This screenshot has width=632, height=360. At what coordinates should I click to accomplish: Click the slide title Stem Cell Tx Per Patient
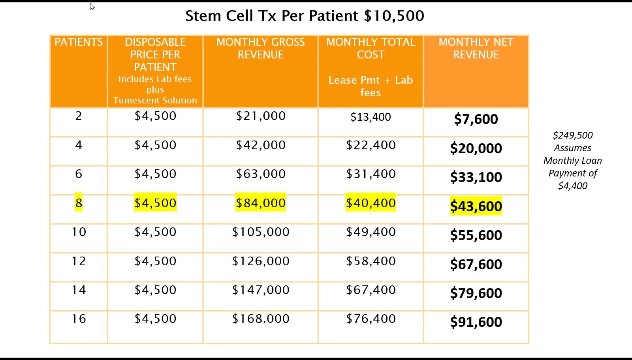pyautogui.click(x=304, y=16)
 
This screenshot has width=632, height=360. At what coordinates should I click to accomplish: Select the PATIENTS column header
pyautogui.click(x=79, y=42)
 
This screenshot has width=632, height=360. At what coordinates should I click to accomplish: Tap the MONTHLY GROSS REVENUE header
pyautogui.click(x=260, y=48)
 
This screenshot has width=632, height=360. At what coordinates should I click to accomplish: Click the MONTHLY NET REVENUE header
pyautogui.click(x=476, y=48)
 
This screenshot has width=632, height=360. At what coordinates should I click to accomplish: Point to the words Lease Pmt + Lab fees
pyautogui.click(x=371, y=86)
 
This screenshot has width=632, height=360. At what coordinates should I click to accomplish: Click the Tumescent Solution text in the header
pyautogui.click(x=155, y=100)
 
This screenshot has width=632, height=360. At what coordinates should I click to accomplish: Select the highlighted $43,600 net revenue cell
pyautogui.click(x=476, y=206)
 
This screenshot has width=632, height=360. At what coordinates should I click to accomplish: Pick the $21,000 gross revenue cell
pyautogui.click(x=261, y=116)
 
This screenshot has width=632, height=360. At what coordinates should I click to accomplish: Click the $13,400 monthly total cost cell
pyautogui.click(x=371, y=117)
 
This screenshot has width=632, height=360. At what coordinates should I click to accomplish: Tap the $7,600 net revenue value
pyautogui.click(x=476, y=119)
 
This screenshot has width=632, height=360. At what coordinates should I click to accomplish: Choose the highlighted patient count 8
pyautogui.click(x=79, y=203)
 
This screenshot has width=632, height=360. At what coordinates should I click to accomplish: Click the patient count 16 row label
pyautogui.click(x=79, y=319)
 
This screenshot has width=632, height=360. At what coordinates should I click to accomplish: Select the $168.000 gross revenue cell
pyautogui.click(x=261, y=319)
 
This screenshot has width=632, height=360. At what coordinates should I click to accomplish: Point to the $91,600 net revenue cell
pyautogui.click(x=476, y=322)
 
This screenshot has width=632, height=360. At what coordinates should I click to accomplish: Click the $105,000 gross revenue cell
pyautogui.click(x=261, y=232)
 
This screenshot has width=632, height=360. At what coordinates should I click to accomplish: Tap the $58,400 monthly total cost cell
pyautogui.click(x=371, y=261)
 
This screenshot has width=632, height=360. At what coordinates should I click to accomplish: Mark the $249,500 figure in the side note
pyautogui.click(x=572, y=135)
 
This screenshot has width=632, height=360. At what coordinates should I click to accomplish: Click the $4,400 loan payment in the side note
pyautogui.click(x=572, y=186)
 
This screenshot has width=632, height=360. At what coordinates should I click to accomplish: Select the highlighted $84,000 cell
pyautogui.click(x=261, y=203)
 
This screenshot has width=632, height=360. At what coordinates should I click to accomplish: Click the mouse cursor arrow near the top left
pyautogui.click(x=92, y=6)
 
